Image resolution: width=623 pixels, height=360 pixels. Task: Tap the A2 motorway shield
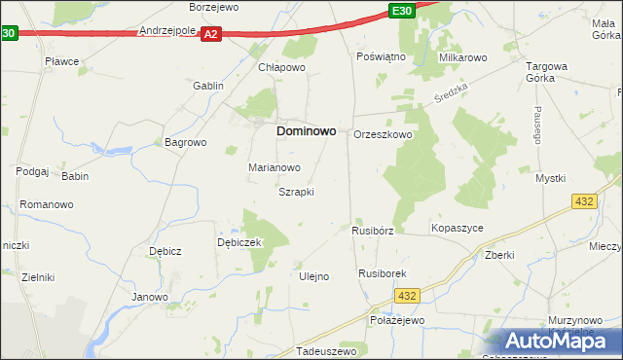(x=213, y=34)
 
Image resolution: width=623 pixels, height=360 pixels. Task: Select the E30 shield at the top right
(x=400, y=11)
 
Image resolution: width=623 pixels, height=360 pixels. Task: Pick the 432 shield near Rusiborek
(x=408, y=295)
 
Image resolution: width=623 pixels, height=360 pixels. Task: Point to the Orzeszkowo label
(x=383, y=134)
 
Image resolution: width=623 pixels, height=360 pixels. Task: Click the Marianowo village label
(x=274, y=167)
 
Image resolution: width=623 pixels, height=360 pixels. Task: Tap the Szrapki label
(x=296, y=192)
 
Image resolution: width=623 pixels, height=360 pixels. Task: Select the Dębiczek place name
(x=239, y=243)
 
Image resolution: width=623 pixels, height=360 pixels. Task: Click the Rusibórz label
(x=372, y=232)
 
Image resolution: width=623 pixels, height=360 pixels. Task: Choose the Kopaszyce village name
(x=457, y=228)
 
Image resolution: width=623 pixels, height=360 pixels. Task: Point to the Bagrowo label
(x=186, y=142)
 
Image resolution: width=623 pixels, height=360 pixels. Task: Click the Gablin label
(x=208, y=86)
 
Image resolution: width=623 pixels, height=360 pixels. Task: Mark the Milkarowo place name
(x=462, y=58)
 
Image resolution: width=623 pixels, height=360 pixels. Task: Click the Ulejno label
(x=312, y=276)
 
